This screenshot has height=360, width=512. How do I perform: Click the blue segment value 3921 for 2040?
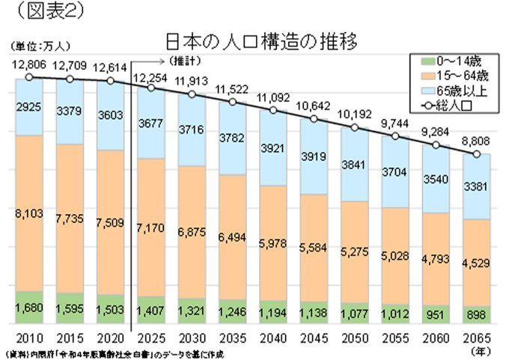(272, 147)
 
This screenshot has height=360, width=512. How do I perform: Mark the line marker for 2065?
(477, 155)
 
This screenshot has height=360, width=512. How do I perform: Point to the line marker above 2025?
(150, 89)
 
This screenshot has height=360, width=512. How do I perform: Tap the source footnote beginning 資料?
(112, 352)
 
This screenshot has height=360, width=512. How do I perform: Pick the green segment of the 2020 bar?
(109, 309)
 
